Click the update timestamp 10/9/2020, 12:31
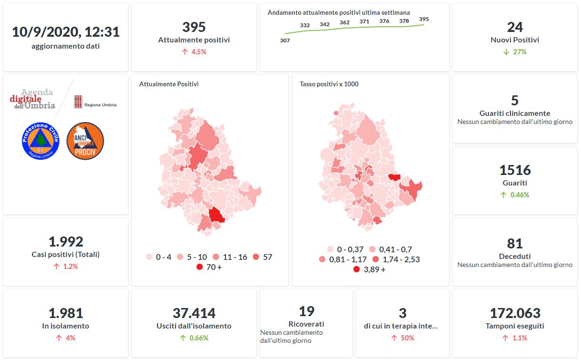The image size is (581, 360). (x=66, y=32)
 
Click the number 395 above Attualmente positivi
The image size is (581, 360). (x=194, y=27)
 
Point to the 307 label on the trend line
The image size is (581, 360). (x=285, y=41)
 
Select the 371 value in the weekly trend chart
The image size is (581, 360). (x=364, y=21)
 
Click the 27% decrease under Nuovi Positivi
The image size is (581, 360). (x=515, y=51)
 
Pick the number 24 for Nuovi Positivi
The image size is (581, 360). (x=515, y=27)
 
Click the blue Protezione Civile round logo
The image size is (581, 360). (x=40, y=141)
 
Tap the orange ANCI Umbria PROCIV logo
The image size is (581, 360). (x=85, y=141)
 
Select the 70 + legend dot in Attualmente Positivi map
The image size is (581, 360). (x=200, y=267)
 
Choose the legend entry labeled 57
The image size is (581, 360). (x=262, y=257)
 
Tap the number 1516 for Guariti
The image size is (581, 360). (x=515, y=170)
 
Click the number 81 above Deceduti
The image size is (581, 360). (x=515, y=244)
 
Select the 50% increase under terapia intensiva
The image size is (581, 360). (x=403, y=338)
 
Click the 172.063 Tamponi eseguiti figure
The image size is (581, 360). (x=515, y=313)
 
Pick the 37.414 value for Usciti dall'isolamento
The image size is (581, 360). (x=194, y=313)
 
